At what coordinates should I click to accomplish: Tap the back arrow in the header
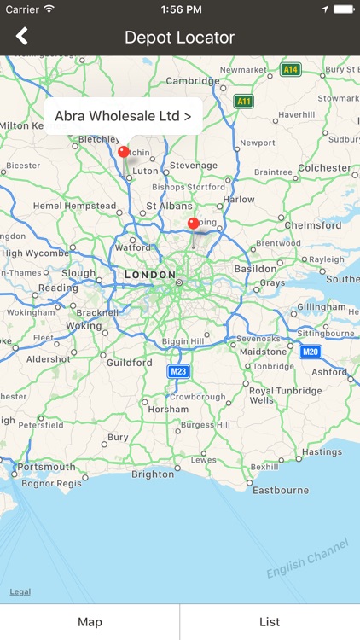[x=22, y=36]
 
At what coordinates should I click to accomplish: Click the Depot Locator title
[x=179, y=37]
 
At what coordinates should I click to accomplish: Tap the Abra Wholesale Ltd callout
[x=123, y=115]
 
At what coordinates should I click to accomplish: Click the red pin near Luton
[x=124, y=152]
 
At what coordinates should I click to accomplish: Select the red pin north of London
[x=193, y=224]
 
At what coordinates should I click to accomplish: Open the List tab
[x=270, y=622]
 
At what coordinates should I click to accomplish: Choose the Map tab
[x=90, y=622]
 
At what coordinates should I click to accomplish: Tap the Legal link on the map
[x=20, y=591]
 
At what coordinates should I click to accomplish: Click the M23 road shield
[x=178, y=371]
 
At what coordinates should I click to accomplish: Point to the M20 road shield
[x=311, y=352]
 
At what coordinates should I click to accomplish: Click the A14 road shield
[x=291, y=69]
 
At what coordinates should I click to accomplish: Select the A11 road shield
[x=244, y=101]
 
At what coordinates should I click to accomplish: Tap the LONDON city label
[x=148, y=275]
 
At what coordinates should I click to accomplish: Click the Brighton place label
[x=153, y=474]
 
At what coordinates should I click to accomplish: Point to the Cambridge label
[x=193, y=81]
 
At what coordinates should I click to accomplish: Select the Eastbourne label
[x=281, y=490]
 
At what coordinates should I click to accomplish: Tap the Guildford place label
[x=129, y=363]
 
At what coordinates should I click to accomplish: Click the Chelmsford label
[x=312, y=225]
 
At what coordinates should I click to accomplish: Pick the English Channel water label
[x=307, y=559]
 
